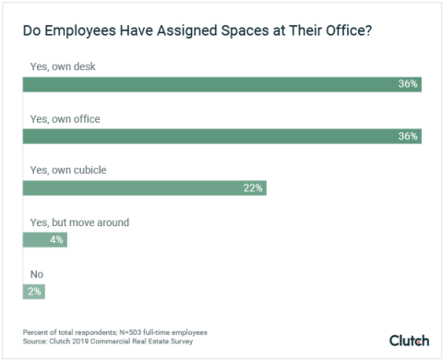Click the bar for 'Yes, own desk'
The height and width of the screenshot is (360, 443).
[221, 84]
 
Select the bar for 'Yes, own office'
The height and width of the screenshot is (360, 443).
[221, 136]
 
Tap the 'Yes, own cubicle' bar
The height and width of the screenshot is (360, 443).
[145, 188]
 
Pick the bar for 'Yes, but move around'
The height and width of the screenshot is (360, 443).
[44, 240]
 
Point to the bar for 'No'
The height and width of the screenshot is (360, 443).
[33, 292]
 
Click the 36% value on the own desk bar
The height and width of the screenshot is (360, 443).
[408, 84]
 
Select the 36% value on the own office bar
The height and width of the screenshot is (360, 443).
[408, 136]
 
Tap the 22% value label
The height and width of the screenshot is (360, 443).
[253, 188]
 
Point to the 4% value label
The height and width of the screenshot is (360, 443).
[56, 240]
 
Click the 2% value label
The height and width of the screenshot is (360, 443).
[34, 292]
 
